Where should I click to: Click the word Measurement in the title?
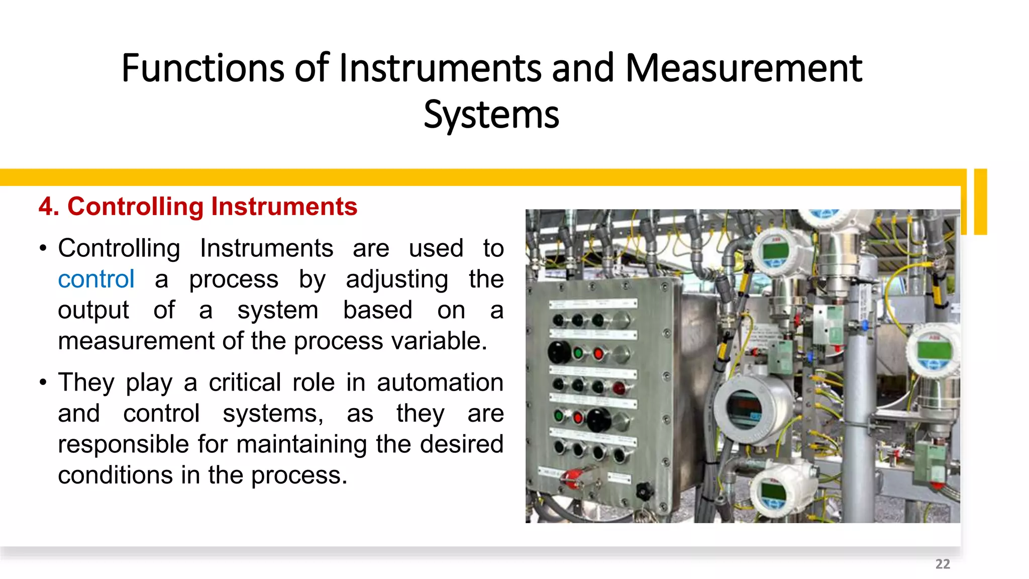tap(744, 68)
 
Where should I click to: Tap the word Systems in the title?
tap(491, 115)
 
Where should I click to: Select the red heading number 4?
tap(48, 207)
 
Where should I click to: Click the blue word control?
tap(96, 279)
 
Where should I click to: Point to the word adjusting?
tap(397, 279)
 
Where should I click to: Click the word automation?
tap(440, 382)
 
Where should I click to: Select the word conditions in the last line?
tap(115, 475)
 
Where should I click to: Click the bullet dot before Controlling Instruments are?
tap(43, 248)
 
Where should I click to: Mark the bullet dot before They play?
tap(43, 382)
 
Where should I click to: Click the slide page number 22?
tap(943, 564)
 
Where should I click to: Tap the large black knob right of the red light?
tap(598, 419)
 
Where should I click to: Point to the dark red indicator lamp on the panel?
tap(619, 388)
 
